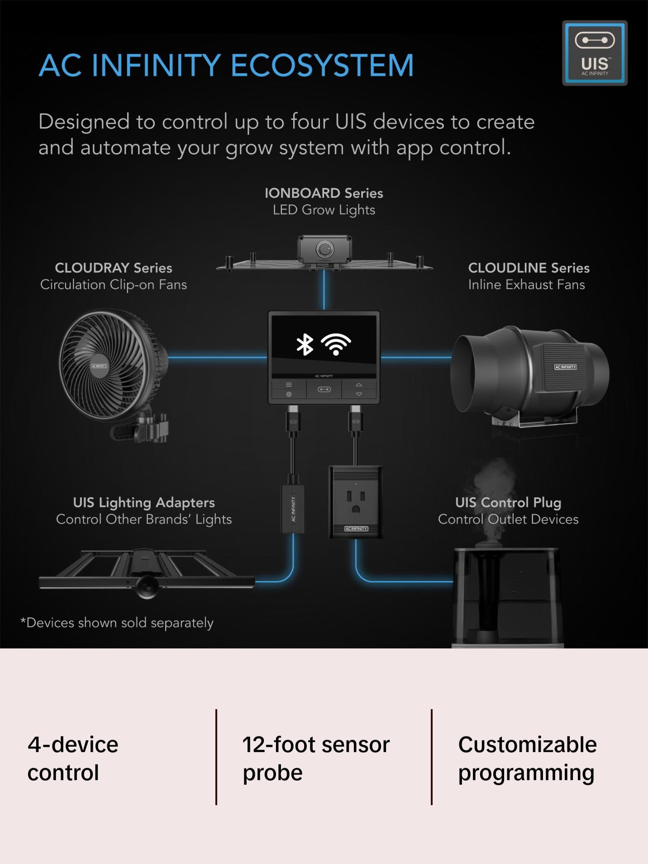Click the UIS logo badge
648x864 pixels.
point(595,53)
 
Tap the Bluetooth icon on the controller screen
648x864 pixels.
point(305,345)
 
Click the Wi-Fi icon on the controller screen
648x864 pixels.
point(336,345)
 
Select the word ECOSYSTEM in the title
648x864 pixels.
point(322,65)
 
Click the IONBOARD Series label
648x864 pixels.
point(324,193)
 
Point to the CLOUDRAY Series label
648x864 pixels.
point(114,268)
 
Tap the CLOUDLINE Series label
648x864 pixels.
point(529,268)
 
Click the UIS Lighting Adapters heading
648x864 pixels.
point(144,503)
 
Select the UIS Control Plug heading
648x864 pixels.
point(508,503)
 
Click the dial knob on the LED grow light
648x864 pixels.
point(324,250)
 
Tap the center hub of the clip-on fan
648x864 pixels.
point(99,366)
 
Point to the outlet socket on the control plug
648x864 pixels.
point(356,501)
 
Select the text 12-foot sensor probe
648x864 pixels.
point(315,758)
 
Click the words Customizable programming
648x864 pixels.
point(527,758)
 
